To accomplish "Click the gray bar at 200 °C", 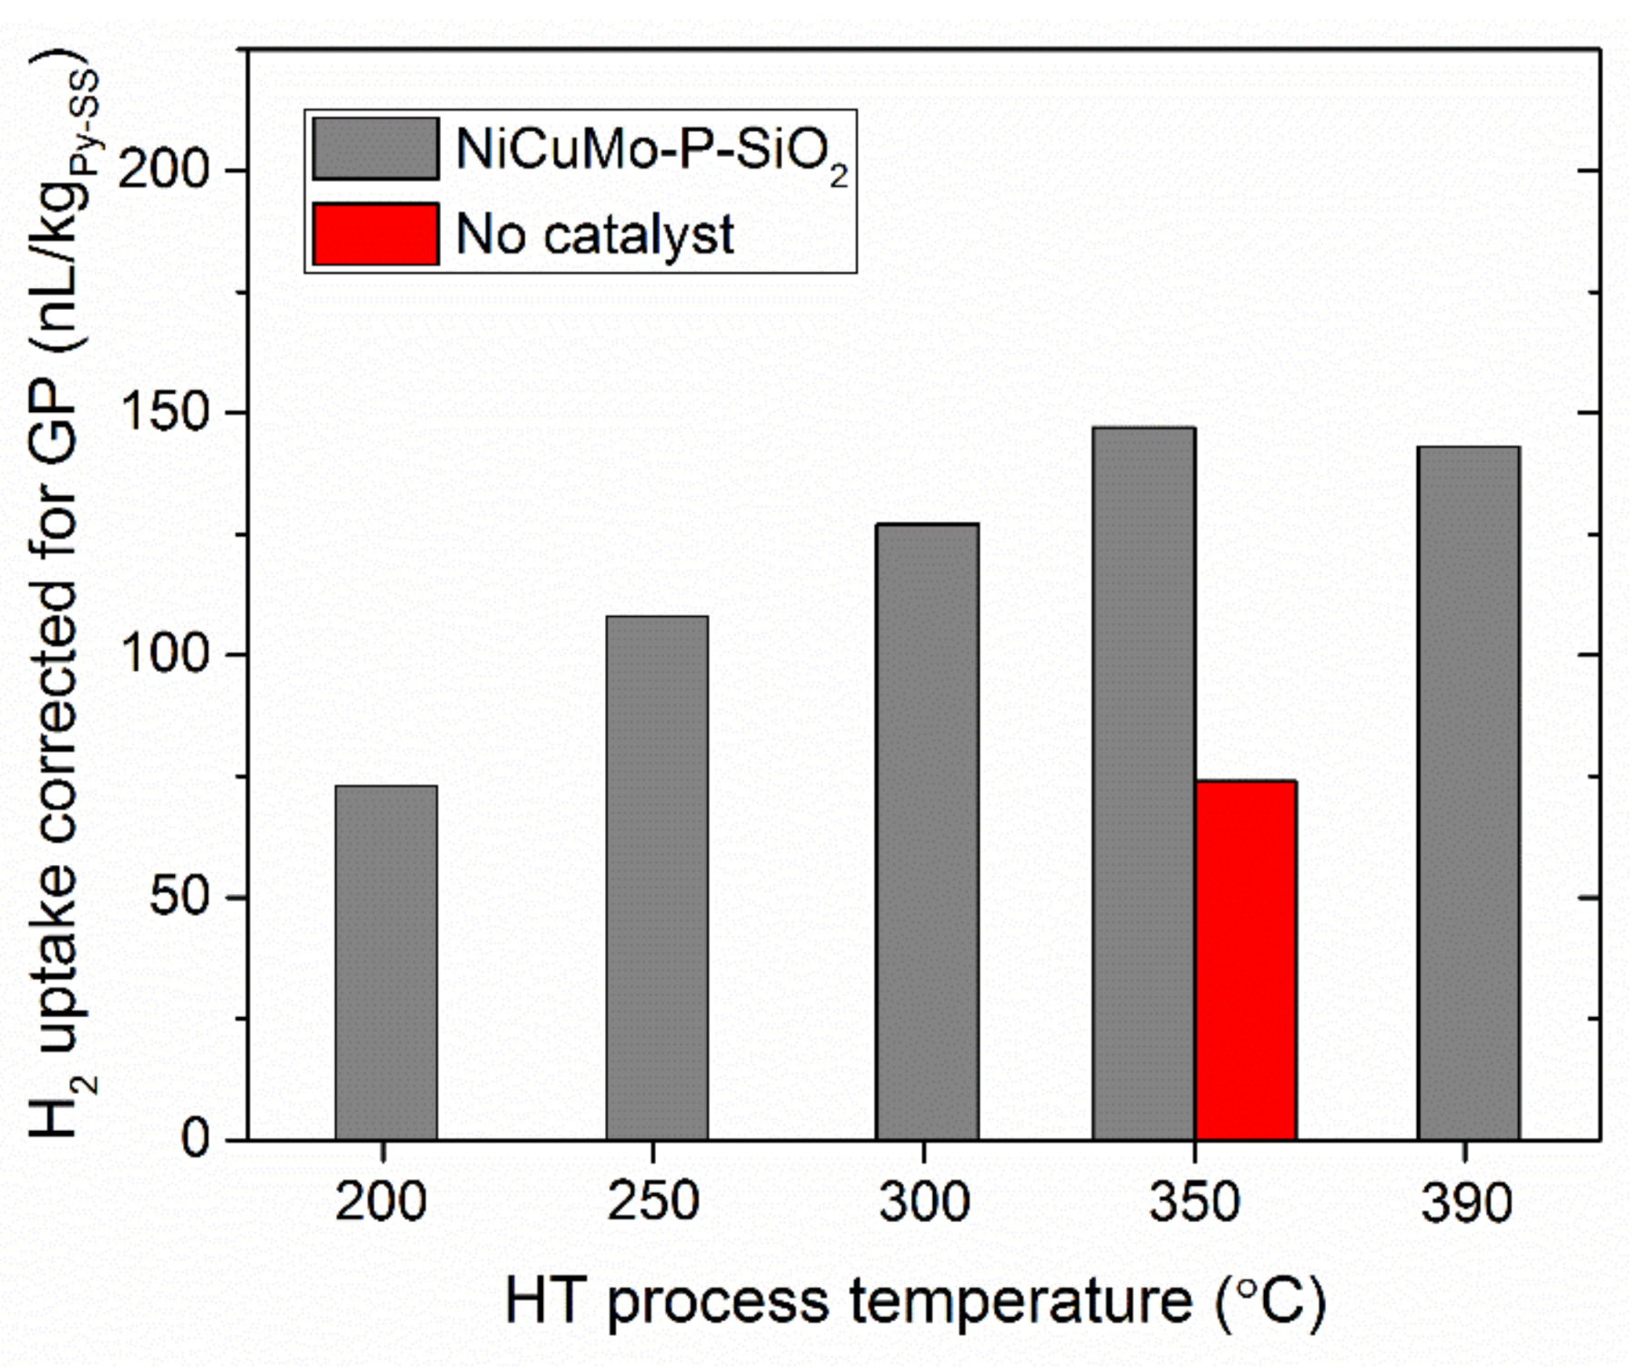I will pos(385,962).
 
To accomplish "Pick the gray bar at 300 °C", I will pos(927,830).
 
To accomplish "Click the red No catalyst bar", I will pos(1246,959).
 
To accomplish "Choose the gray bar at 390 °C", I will pos(1468,792).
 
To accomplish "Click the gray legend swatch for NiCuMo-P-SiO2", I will pos(375,149).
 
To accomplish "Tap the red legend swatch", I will pos(375,234).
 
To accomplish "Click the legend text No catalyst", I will pos(594,235).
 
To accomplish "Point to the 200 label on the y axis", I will pos(165,170).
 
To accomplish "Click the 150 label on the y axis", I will pos(165,412).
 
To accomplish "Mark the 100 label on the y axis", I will pos(165,654).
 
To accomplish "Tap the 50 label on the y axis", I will pos(179,897).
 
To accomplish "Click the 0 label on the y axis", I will pos(196,1138).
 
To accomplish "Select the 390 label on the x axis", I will pos(1466,1202).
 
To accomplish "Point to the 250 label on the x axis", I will pos(653,1202).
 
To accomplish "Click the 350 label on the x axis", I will pos(1195,1202).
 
